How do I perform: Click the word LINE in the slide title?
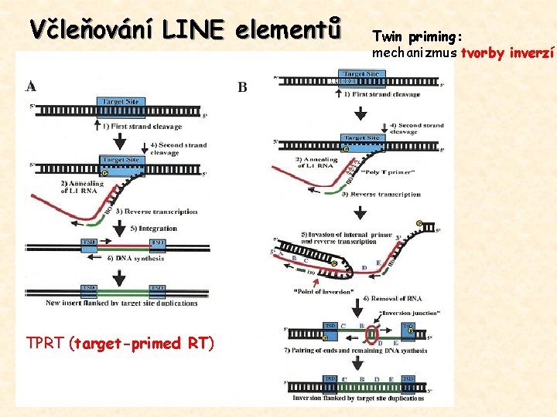(193, 29)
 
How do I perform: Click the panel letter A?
(31, 85)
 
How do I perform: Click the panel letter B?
(242, 87)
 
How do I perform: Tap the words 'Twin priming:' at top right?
(417, 36)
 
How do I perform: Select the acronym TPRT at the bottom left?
(45, 344)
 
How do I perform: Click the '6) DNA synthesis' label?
(136, 259)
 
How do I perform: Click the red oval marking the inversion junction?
(374, 334)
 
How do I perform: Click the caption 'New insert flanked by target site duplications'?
(122, 303)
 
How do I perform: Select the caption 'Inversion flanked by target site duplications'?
(356, 398)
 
